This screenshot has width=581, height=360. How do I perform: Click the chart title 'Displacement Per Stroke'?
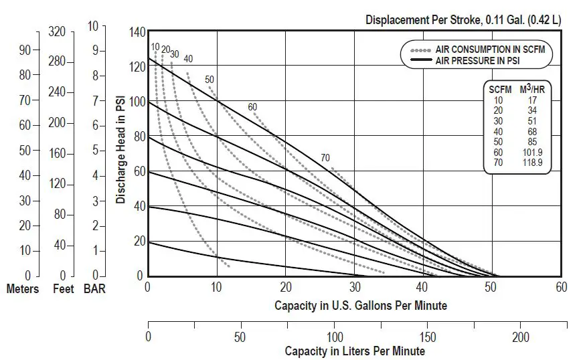pyautogui.click(x=421, y=19)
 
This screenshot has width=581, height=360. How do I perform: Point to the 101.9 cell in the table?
pyautogui.click(x=538, y=152)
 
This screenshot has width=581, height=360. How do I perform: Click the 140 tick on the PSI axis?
pyautogui.click(x=137, y=32)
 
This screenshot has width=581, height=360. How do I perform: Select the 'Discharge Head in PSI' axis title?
pyautogui.click(x=121, y=151)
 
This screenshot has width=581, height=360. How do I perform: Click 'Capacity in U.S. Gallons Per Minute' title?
pyautogui.click(x=361, y=305)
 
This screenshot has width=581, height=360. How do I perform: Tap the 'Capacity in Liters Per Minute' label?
pyautogui.click(x=355, y=351)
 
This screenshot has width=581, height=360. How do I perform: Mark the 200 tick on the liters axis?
pyautogui.click(x=521, y=337)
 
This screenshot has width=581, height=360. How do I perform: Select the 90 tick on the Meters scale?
pyautogui.click(x=25, y=50)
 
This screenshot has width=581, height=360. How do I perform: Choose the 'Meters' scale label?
pyautogui.click(x=23, y=289)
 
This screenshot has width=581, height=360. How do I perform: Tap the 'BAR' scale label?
pyautogui.click(x=94, y=289)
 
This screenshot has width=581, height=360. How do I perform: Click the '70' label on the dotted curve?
pyautogui.click(x=325, y=158)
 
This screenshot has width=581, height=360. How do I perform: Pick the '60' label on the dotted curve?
pyautogui.click(x=252, y=107)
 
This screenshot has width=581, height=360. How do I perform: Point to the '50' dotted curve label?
pyautogui.click(x=210, y=80)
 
